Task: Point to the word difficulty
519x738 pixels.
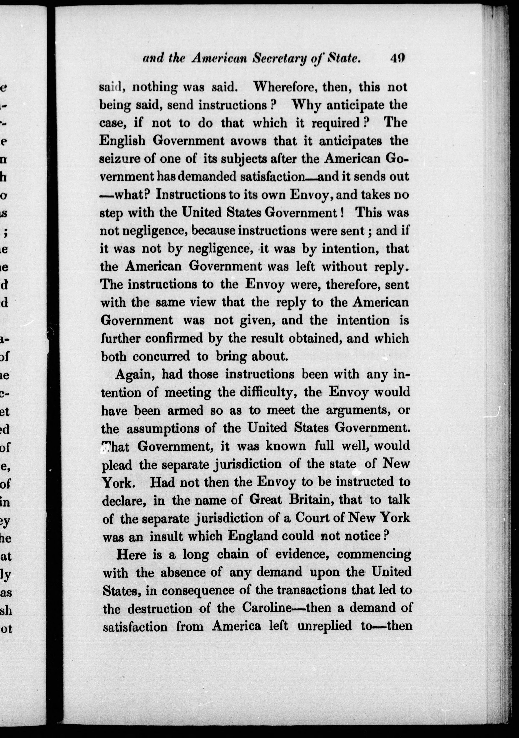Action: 262,392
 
